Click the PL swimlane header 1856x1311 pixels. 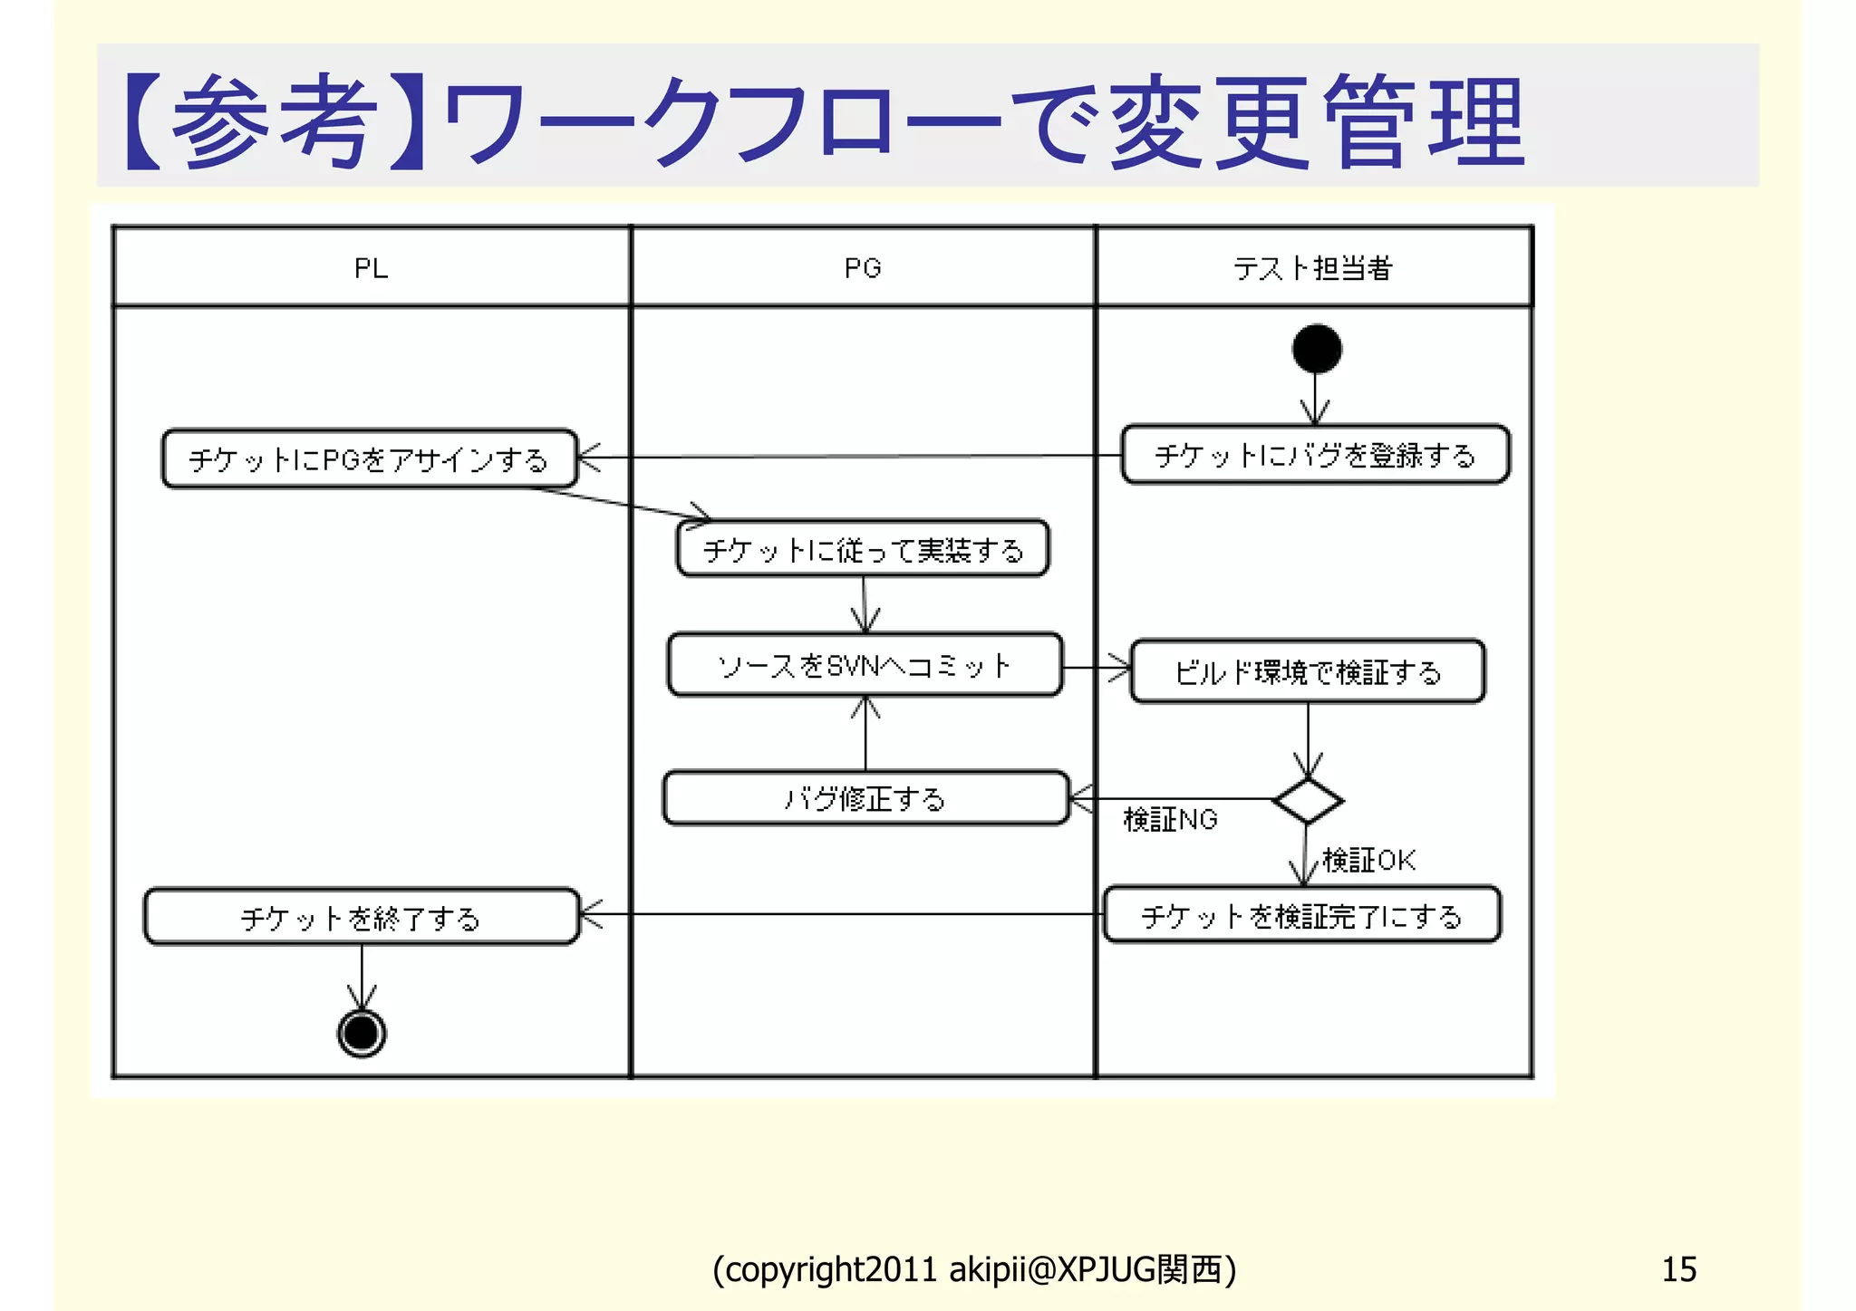(371, 268)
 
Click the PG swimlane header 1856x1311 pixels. (862, 268)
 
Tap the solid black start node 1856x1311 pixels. (1317, 349)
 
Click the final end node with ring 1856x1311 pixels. (362, 1033)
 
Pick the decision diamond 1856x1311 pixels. (1307, 800)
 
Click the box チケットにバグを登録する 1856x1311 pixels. (1315, 455)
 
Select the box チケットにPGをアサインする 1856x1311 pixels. (369, 459)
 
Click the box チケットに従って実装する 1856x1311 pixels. (863, 549)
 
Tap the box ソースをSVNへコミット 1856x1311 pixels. (865, 666)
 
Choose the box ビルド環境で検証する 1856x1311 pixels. (1307, 672)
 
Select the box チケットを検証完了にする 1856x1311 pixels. (1301, 916)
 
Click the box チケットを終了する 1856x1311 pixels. (361, 918)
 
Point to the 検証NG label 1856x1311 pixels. (1170, 820)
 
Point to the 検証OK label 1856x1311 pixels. (1368, 860)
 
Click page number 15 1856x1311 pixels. (1678, 1269)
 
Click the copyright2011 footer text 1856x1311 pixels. (974, 1269)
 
